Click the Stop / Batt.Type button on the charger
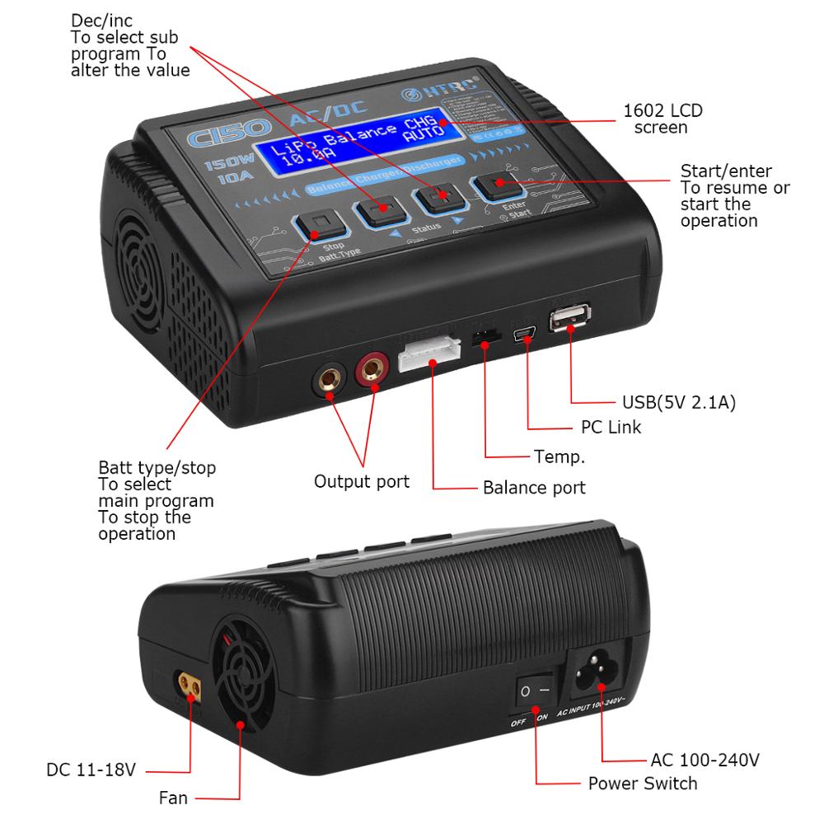coord(318,223)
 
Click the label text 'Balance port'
coord(534,488)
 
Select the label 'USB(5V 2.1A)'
coord(678,404)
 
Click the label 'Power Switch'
coord(643,784)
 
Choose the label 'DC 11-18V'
coord(91,772)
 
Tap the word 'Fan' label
coord(173,798)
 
